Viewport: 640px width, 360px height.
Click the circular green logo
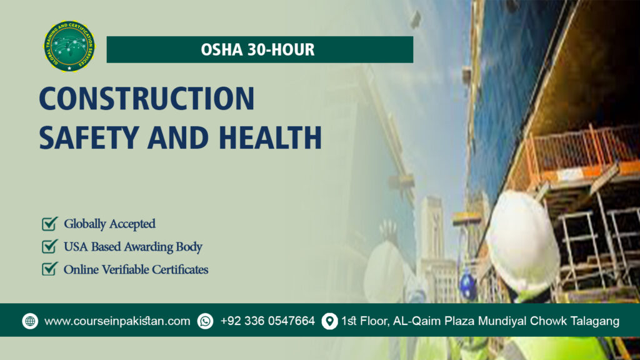[x=69, y=46]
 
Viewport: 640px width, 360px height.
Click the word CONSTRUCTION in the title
[x=146, y=99]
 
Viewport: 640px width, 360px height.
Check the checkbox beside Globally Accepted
[x=49, y=224]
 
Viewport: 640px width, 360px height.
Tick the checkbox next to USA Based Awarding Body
[x=49, y=246]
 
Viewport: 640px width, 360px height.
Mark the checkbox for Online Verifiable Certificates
[x=49, y=269]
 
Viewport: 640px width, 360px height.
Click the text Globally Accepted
[x=109, y=224]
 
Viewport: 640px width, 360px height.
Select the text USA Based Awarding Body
[x=132, y=247]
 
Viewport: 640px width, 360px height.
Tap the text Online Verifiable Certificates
[x=136, y=270]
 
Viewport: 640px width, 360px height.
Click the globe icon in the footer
[x=30, y=321]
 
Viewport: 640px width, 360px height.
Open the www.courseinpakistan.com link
[x=117, y=321]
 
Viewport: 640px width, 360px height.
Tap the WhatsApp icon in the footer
[x=205, y=321]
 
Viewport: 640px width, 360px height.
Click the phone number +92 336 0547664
[x=267, y=321]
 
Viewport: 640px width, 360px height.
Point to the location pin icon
[x=329, y=321]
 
